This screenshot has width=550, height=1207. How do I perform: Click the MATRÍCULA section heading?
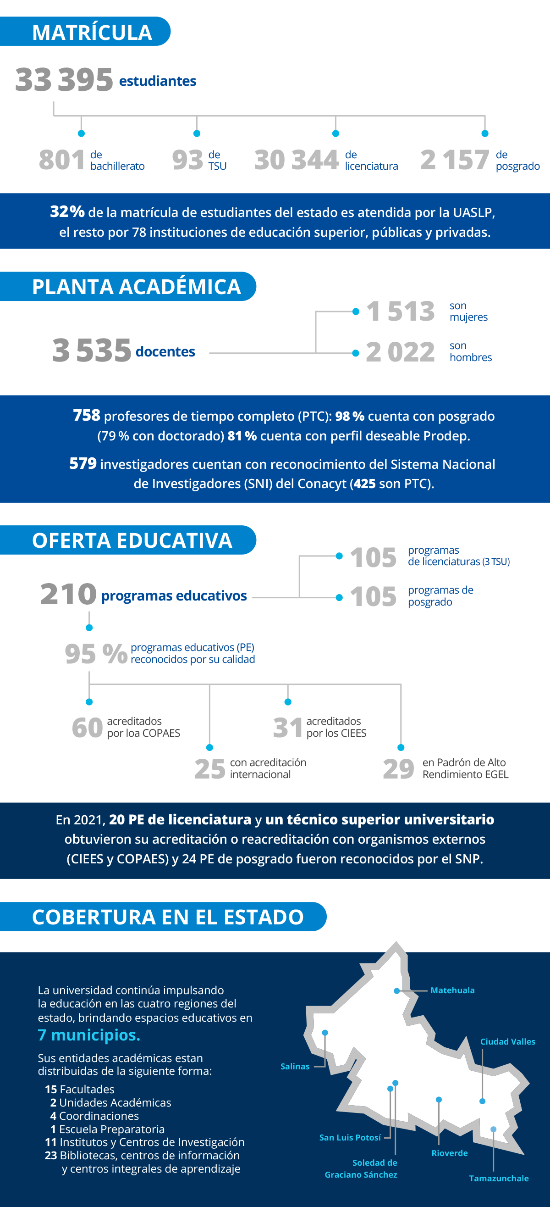coord(92,32)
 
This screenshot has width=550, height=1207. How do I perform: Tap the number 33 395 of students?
coord(64,80)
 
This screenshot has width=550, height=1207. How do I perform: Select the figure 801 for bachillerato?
coord(62,160)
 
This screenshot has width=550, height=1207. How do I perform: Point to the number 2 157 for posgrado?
coord(455,160)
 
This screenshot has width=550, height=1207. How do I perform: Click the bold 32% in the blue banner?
coord(67,212)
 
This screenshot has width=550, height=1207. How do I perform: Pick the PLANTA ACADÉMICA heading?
coord(136,287)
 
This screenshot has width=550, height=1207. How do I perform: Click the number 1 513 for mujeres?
coord(400,311)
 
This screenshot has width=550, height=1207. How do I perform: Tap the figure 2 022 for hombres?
coord(400,352)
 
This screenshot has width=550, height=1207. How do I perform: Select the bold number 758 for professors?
coord(87,416)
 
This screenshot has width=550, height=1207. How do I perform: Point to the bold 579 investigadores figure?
coord(83,464)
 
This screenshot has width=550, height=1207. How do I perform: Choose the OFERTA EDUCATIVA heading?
coord(132,541)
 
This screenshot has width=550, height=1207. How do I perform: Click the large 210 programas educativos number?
coord(68,594)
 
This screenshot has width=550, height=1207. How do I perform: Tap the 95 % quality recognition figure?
coord(96,654)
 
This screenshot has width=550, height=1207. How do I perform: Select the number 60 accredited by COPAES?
coord(87,727)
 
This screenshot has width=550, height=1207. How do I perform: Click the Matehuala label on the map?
coord(452,990)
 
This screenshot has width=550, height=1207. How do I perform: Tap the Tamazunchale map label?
coord(499,1178)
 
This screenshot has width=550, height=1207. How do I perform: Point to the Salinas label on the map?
coord(295,1067)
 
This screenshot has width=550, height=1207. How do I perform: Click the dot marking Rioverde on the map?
coord(439,1099)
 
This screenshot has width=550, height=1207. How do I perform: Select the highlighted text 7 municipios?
coord(89,1035)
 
